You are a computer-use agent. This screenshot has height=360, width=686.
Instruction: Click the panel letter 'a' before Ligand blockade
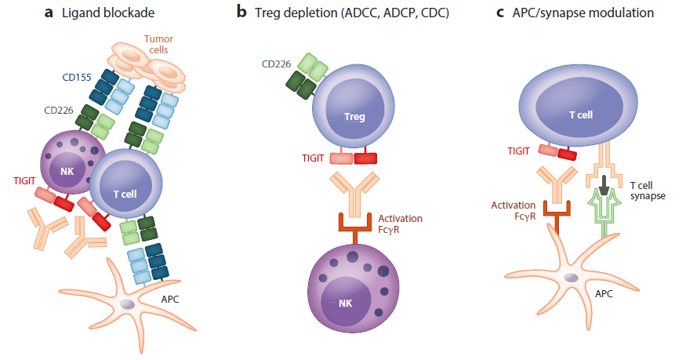click(48, 13)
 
